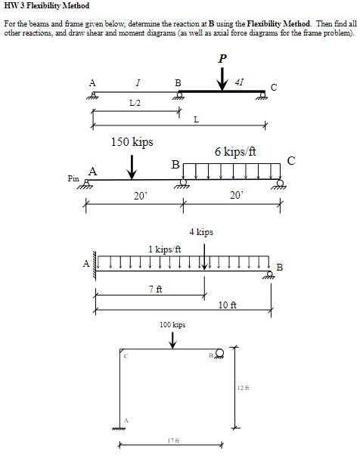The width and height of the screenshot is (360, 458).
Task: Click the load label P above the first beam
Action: tap(222, 58)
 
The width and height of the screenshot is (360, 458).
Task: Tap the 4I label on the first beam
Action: tap(239, 82)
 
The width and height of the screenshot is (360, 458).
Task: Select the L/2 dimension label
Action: tap(135, 103)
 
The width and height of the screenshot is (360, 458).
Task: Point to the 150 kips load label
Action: tap(132, 142)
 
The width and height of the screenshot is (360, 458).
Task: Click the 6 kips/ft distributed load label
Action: tap(235, 152)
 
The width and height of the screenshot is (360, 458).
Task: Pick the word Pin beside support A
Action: tap(73, 178)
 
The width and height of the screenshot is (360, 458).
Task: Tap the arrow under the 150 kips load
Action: tap(132, 167)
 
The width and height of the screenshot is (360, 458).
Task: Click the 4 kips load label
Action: tap(201, 232)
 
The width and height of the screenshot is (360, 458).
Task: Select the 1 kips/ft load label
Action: tap(165, 249)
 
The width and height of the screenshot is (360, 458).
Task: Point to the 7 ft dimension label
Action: tap(155, 289)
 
